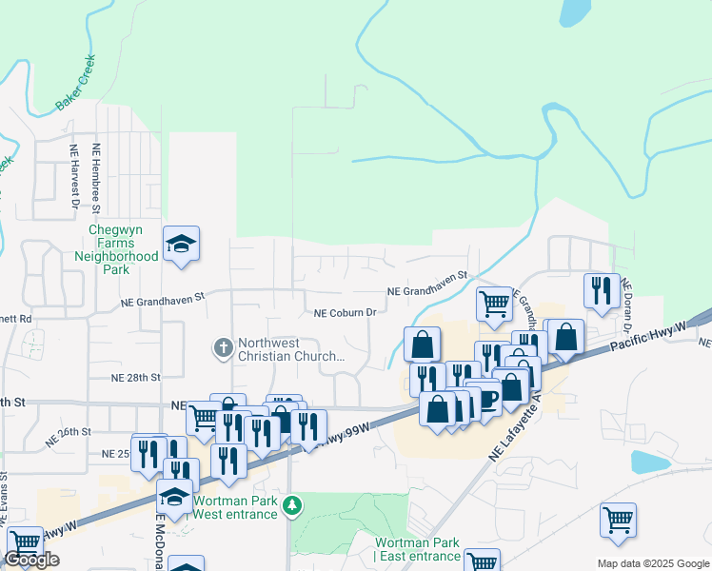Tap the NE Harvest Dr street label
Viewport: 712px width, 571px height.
pos(73,176)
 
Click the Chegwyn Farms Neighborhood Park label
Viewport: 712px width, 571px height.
pos(116,249)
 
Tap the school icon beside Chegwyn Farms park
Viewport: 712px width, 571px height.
pos(181,245)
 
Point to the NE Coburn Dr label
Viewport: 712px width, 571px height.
pos(346,312)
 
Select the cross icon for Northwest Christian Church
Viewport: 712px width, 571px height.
pos(223,348)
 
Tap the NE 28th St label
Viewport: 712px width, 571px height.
pos(136,378)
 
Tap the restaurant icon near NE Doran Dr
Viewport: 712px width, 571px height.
pos(602,289)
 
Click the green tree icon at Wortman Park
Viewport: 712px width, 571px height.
pos(295,505)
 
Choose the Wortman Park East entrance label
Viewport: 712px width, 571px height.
pos(418,549)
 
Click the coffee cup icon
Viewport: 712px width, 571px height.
pos(487,397)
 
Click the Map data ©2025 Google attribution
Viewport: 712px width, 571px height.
pos(652,562)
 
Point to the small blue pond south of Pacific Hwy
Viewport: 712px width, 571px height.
pos(649,463)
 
